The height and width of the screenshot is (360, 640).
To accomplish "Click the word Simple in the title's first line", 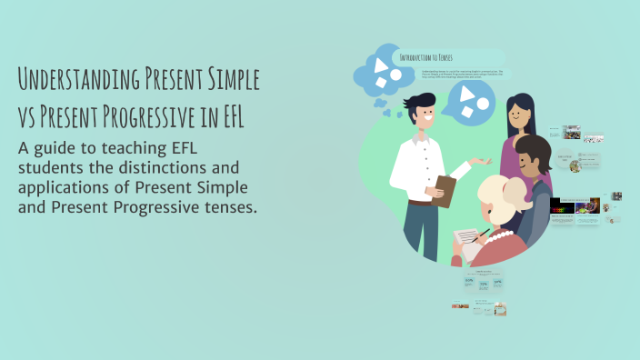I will point(231,80).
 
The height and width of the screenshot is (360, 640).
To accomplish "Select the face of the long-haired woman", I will point(518,115).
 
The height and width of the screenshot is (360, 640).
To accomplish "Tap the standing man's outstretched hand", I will point(483,163).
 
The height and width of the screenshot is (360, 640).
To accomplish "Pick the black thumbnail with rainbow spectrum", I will point(562,205).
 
